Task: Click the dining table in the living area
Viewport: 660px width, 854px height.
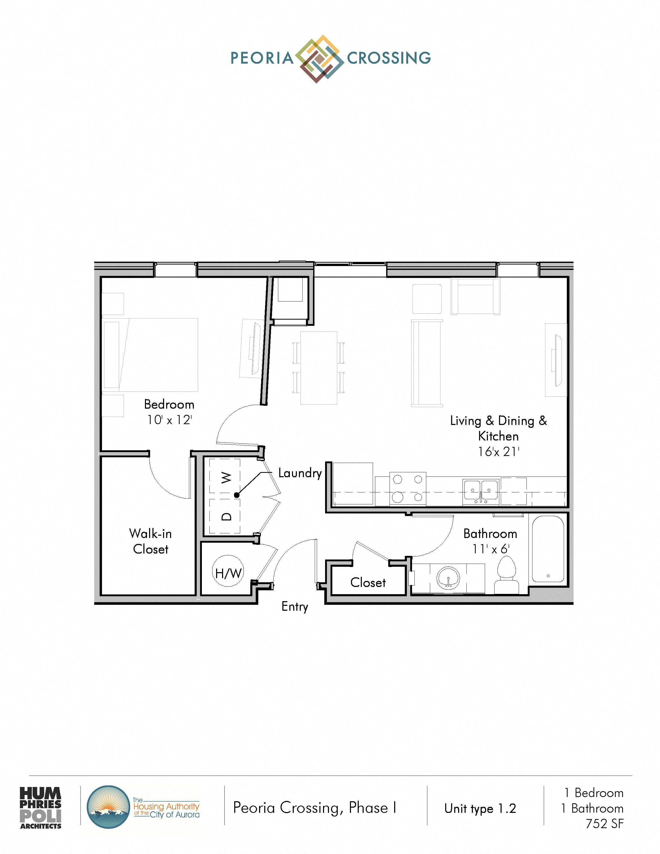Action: [319, 367]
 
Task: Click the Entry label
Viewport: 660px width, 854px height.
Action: [295, 607]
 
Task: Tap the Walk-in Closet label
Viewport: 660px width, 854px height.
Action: [151, 541]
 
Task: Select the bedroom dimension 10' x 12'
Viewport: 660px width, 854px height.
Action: [169, 420]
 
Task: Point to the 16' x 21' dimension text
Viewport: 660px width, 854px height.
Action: [498, 452]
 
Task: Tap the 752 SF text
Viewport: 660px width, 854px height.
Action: [604, 824]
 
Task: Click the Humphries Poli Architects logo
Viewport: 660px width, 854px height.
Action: [41, 808]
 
